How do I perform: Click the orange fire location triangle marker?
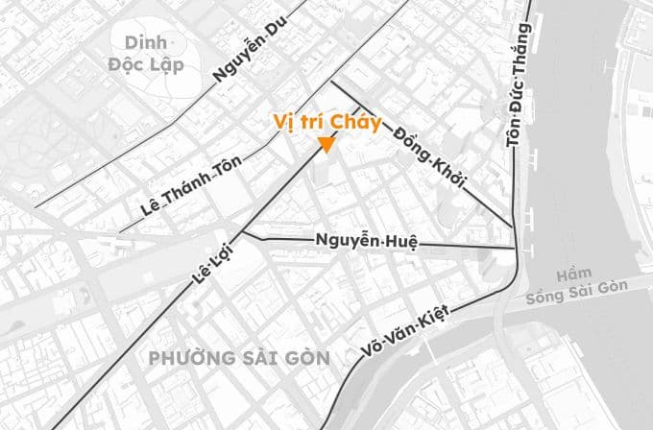(x=326, y=145)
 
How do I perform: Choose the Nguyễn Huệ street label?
(x=366, y=240)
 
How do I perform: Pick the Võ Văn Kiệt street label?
(x=404, y=326)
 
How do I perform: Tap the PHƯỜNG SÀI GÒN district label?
(x=239, y=358)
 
